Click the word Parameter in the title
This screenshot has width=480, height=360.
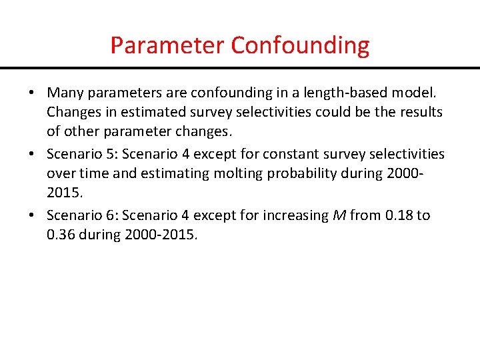coord(167,45)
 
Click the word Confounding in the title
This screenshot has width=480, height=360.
coord(300,45)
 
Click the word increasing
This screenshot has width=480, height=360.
coord(297,215)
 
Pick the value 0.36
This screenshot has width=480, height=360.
coord(61,234)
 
